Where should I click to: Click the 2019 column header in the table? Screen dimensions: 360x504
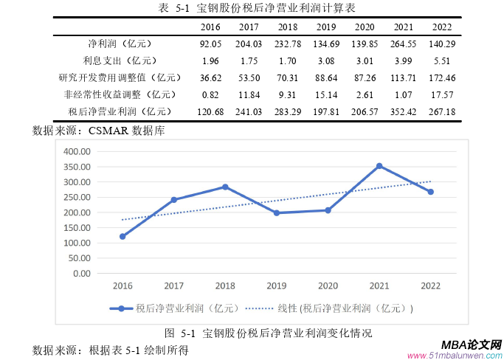point(325,27)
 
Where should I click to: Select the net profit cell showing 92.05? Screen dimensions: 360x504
point(211,44)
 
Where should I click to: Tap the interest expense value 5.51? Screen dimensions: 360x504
point(442,60)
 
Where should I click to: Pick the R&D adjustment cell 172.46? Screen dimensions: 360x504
point(442,77)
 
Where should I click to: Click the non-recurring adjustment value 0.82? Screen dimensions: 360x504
point(211,94)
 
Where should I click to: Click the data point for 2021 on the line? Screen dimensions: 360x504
point(379,166)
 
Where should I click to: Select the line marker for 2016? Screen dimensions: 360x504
point(122,236)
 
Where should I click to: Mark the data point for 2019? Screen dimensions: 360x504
point(277,212)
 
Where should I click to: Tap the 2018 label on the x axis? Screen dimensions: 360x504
point(225,285)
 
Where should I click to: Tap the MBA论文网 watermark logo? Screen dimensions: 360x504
point(472,345)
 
